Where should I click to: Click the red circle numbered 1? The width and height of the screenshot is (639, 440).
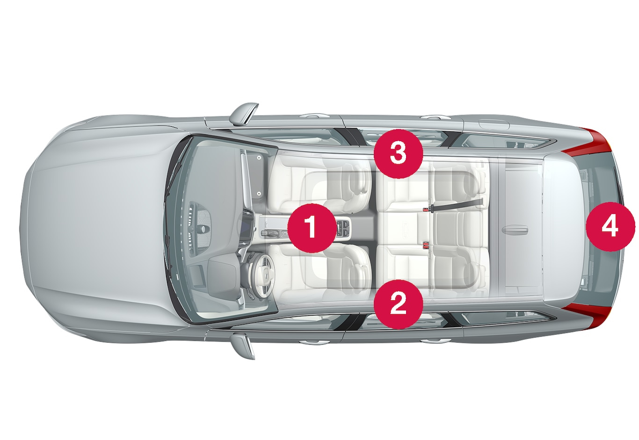312,228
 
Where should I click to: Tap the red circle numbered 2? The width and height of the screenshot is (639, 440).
398,304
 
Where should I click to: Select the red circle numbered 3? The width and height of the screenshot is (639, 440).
398,154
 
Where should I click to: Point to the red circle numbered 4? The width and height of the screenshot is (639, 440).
610,227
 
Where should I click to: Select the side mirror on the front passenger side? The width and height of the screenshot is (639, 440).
244,114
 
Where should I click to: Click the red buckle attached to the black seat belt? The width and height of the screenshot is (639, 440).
426,209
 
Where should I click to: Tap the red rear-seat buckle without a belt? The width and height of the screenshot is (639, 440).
427,244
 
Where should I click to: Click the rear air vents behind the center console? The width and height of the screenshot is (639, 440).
343,230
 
